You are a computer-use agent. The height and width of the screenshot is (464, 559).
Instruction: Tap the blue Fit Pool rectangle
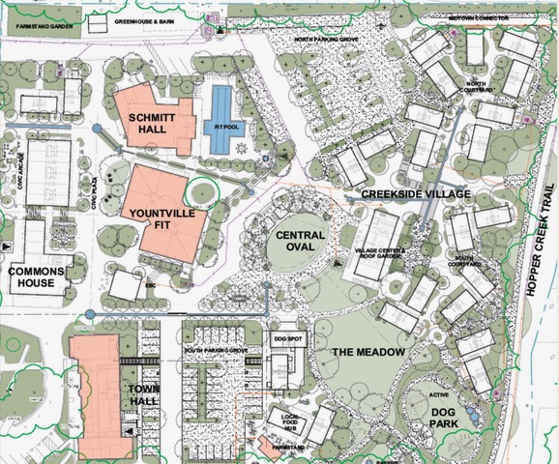pos(221,120)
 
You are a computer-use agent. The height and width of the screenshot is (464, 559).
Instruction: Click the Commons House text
pos(37,278)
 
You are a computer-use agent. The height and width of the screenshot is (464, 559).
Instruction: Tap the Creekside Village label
pos(416,194)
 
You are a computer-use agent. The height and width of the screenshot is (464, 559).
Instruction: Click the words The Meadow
pos(368,352)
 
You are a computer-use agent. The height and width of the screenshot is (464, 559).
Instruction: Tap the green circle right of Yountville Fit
pos(205,189)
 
